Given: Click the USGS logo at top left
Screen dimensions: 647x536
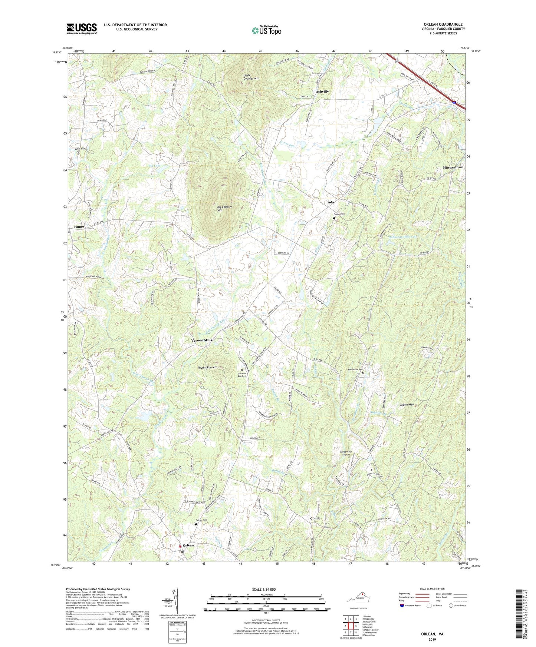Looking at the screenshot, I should point(82,29).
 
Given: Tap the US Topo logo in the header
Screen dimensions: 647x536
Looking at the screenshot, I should point(266,30).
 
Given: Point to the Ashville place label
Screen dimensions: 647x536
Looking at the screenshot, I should point(322,91).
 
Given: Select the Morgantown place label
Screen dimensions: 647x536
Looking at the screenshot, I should point(453,167).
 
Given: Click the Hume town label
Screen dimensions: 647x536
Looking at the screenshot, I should point(79,226).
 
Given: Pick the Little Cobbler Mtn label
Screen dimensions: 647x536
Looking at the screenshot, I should point(251,77).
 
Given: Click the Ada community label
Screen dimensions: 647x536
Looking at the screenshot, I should point(331,202).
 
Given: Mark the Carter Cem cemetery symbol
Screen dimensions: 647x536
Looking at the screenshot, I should point(334,218).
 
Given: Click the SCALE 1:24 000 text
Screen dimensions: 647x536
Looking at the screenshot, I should point(266,590).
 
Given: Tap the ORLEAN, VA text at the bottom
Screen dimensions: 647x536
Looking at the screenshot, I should point(432,634).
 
